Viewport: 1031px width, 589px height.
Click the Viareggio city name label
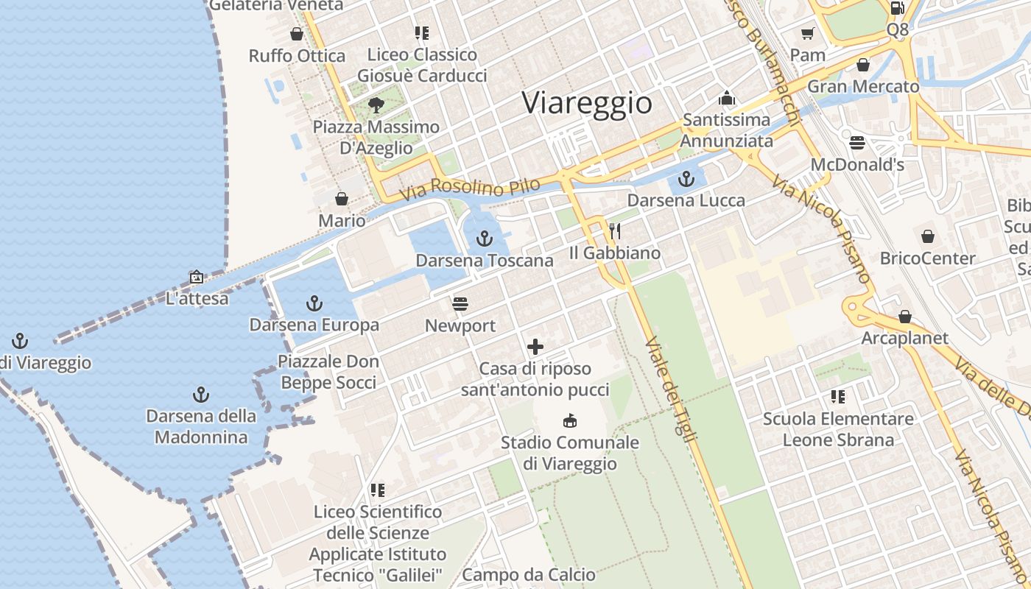click(587, 103)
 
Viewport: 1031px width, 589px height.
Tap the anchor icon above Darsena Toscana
click(484, 238)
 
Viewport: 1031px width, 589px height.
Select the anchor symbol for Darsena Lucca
click(686, 178)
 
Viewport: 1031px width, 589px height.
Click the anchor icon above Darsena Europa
click(314, 303)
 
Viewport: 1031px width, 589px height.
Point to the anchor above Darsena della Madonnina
click(200, 394)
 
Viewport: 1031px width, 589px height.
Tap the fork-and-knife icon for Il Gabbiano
click(615, 231)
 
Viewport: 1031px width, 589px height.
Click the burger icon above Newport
click(461, 303)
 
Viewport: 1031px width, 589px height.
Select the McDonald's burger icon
click(856, 142)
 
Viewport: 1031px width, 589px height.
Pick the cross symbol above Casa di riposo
click(535, 347)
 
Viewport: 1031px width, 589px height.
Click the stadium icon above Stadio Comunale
click(569, 420)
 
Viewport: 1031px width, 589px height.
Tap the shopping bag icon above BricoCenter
click(927, 236)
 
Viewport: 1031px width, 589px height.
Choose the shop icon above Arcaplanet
click(904, 317)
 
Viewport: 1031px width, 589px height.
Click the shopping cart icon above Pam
click(807, 33)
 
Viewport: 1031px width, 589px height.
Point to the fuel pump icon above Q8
click(897, 8)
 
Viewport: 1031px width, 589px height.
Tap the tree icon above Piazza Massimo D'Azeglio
click(376, 105)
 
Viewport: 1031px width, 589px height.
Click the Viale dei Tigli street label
click(670, 390)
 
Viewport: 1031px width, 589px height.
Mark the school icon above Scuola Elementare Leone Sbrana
click(837, 397)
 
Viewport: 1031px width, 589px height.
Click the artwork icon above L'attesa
click(197, 277)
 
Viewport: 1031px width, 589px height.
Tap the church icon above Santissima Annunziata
click(727, 97)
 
